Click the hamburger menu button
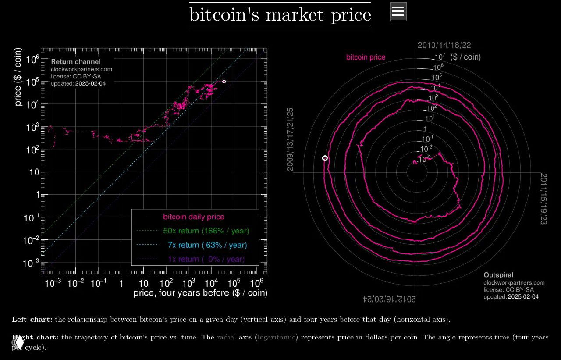click(x=398, y=12)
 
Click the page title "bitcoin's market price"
click(x=280, y=15)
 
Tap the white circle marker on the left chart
click(x=224, y=82)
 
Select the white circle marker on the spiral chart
click(x=325, y=158)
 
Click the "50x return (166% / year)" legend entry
click(x=206, y=231)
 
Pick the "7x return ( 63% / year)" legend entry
click(x=207, y=245)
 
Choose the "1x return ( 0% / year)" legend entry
click(x=206, y=259)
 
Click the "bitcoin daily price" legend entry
click(x=193, y=217)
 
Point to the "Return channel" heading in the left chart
click(x=75, y=62)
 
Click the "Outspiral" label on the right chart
click(x=498, y=275)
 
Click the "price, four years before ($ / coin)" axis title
click(x=200, y=292)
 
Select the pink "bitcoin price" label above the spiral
click(x=366, y=57)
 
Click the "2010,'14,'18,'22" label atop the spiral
click(x=444, y=45)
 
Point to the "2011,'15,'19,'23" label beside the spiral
click(x=543, y=199)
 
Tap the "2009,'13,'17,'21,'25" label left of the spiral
click(x=290, y=139)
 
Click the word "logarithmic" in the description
click(x=277, y=337)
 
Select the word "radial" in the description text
click(x=226, y=337)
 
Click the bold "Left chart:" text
click(x=32, y=319)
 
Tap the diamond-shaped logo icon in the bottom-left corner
click(x=18, y=341)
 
